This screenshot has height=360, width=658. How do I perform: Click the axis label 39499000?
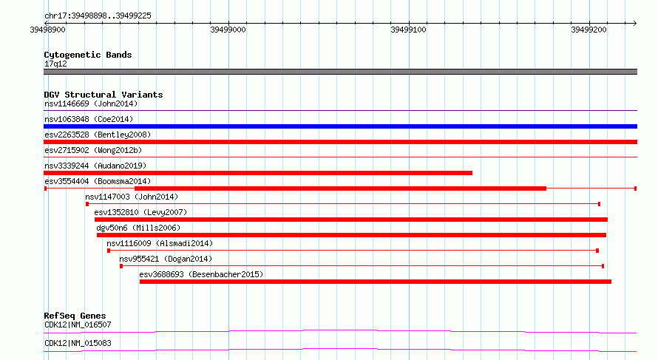228,30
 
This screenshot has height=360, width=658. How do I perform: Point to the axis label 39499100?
408,30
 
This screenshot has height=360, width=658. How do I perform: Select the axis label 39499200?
589,30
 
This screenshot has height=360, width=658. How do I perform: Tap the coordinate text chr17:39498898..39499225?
98,16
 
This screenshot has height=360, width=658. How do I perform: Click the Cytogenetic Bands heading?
88,55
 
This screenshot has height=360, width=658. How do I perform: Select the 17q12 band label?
55,64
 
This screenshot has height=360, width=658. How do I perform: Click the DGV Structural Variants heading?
104,95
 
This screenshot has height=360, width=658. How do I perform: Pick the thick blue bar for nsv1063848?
340,126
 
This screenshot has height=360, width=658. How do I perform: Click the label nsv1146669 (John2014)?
91,103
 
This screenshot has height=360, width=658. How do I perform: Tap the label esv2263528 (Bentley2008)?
98,135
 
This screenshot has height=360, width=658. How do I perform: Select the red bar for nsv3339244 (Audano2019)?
258,173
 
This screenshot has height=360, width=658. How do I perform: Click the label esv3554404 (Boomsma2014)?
98,181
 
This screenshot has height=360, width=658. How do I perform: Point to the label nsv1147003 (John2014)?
132,197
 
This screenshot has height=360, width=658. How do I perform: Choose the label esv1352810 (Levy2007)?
140,212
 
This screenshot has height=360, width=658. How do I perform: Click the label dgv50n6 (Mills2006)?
138,228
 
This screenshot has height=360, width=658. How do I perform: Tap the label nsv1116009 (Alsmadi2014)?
160,243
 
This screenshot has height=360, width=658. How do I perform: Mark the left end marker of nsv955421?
121,266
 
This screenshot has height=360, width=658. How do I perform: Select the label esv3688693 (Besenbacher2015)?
201,274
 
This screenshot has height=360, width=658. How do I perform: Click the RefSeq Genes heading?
75,316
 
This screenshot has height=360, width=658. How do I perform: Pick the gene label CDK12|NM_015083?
78,343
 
